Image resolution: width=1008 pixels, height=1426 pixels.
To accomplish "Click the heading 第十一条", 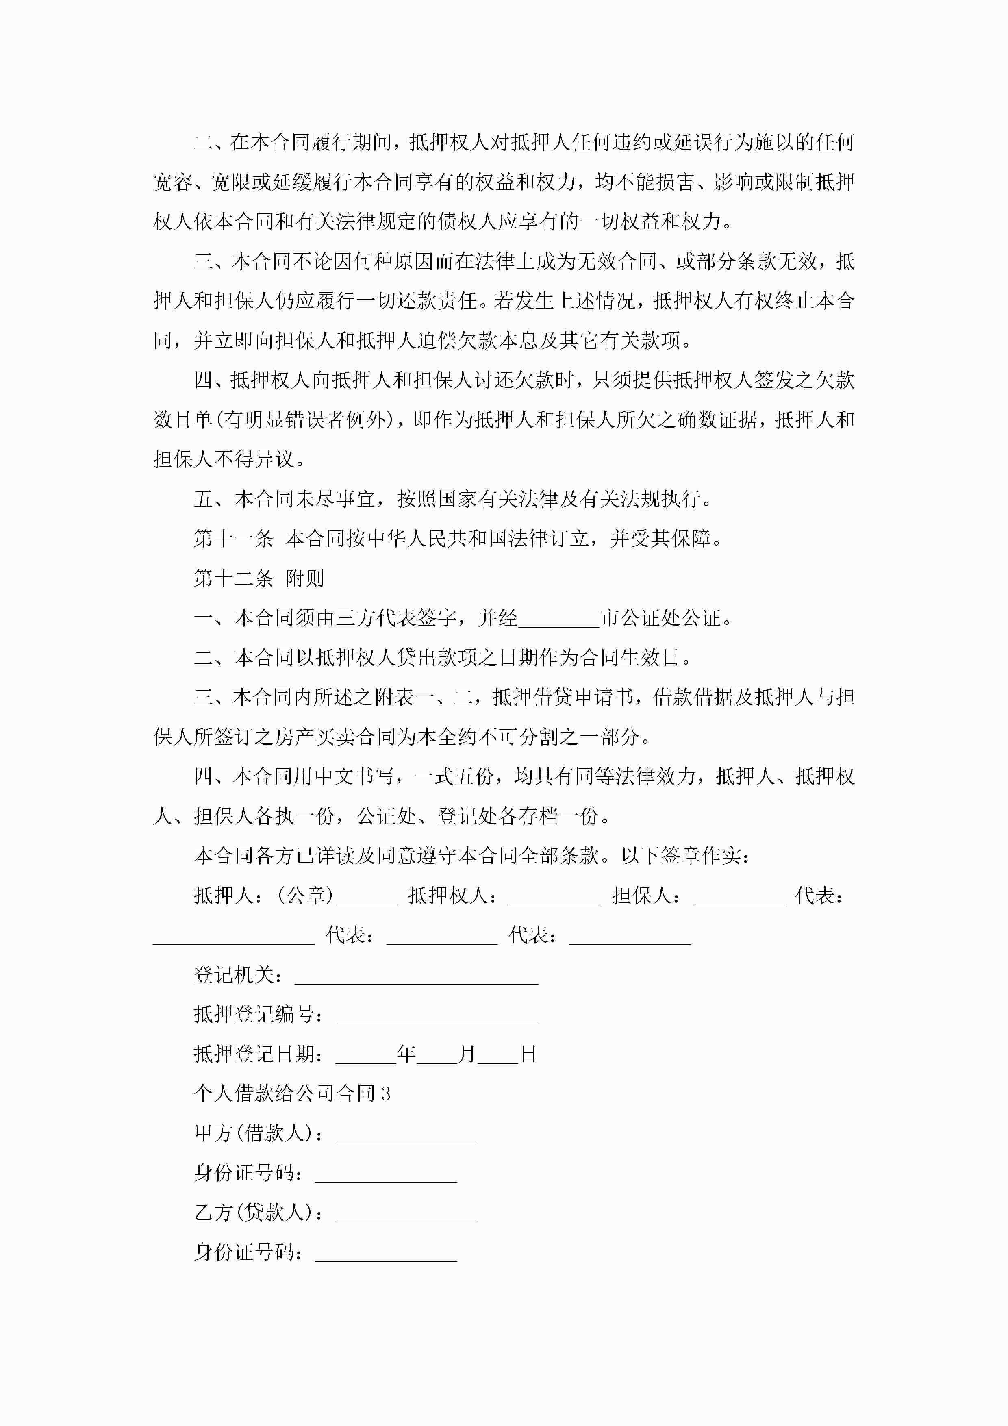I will coord(234,539).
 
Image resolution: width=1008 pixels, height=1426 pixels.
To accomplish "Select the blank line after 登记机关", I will coord(416,977).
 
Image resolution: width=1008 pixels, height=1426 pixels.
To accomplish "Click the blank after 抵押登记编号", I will coord(437,1017).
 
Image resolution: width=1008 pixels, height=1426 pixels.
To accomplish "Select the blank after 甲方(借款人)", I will coord(406,1136).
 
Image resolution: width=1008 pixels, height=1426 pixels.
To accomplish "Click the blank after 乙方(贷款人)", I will coord(406,1215).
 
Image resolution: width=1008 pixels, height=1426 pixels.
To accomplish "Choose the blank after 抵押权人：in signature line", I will coord(555,898).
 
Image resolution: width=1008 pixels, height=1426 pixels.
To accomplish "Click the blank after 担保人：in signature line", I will coord(738,898).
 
